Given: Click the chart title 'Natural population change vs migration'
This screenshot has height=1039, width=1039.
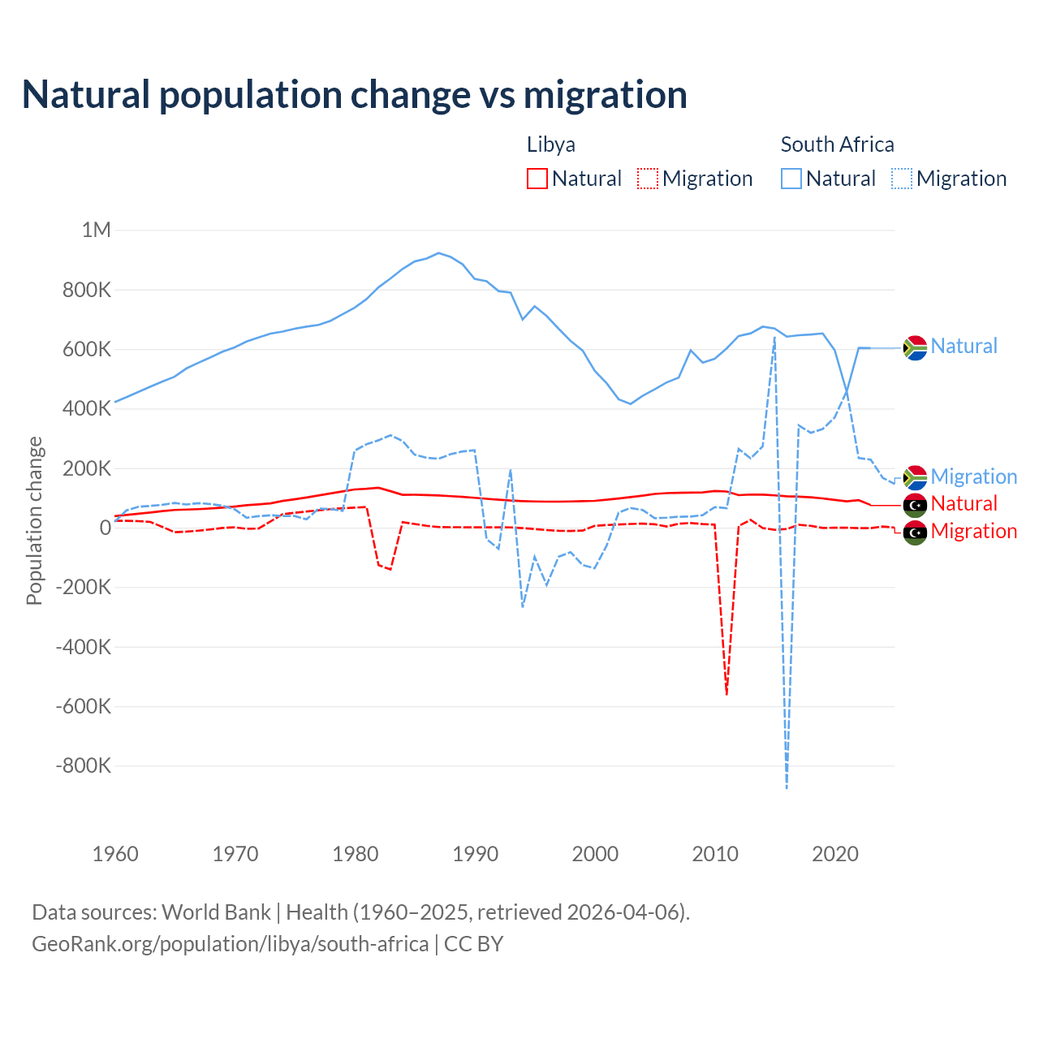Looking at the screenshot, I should pyautogui.click(x=355, y=95).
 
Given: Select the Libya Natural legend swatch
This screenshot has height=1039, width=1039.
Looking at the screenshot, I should pyautogui.click(x=537, y=179).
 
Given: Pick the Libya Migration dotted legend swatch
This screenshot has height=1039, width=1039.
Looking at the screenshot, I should pyautogui.click(x=648, y=179).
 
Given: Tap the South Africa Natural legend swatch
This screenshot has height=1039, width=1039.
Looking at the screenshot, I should pyautogui.click(x=791, y=179).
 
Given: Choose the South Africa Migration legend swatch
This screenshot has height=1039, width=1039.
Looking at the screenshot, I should pyautogui.click(x=902, y=179).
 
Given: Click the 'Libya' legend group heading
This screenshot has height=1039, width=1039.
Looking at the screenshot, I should pyautogui.click(x=551, y=144).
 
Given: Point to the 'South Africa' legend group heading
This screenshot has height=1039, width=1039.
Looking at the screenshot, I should pyautogui.click(x=837, y=144).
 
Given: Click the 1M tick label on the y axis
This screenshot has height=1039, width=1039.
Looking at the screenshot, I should pyautogui.click(x=96, y=230).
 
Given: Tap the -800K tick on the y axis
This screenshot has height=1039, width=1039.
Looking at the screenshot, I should pyautogui.click(x=84, y=765).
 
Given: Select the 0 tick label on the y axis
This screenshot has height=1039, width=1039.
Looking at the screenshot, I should pyautogui.click(x=105, y=528).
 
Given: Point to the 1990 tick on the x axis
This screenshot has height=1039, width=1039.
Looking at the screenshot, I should pyautogui.click(x=476, y=854).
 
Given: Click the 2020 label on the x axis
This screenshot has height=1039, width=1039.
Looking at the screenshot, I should pyautogui.click(x=835, y=854).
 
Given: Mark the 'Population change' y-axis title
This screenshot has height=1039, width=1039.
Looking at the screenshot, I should pyautogui.click(x=34, y=520).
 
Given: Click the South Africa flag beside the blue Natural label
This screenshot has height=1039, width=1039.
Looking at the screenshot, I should pyautogui.click(x=915, y=347).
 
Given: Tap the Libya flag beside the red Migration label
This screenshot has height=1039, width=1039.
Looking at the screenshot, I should pyautogui.click(x=915, y=532).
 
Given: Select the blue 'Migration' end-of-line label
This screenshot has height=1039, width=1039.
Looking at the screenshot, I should pyautogui.click(x=973, y=476).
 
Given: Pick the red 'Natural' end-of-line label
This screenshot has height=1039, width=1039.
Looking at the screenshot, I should pyautogui.click(x=964, y=503).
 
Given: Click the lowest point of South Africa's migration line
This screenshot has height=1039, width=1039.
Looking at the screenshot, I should pyautogui.click(x=787, y=787).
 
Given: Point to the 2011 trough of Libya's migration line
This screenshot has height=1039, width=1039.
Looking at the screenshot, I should pyautogui.click(x=726, y=694).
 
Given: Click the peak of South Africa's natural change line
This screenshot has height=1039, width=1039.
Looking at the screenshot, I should pyautogui.click(x=439, y=253).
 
